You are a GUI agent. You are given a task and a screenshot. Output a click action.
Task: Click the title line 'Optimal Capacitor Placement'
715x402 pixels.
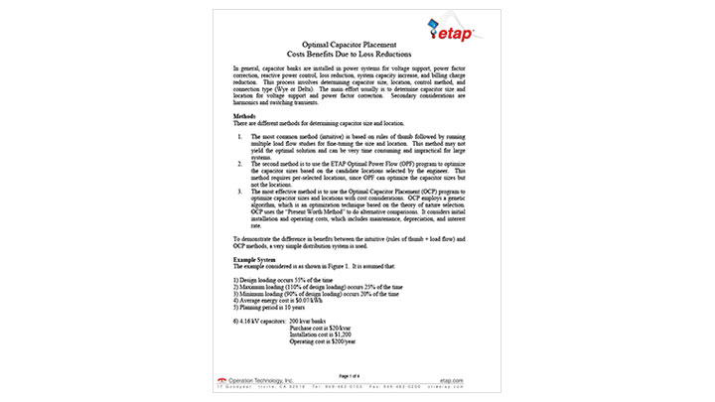[356, 44]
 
